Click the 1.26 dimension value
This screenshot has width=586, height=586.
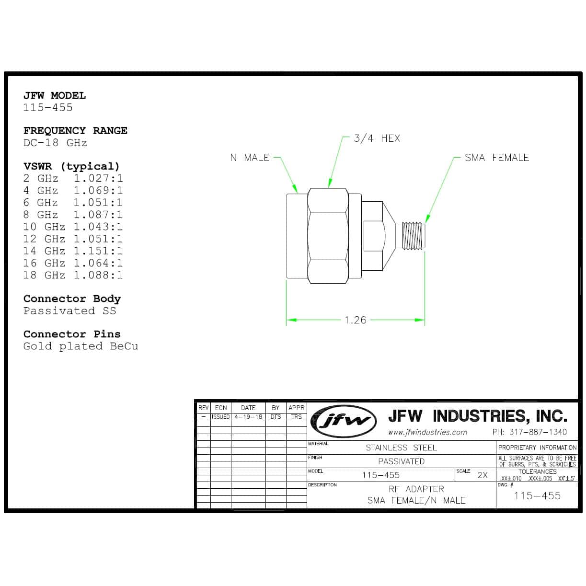[355, 320]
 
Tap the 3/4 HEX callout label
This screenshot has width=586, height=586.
[377, 138]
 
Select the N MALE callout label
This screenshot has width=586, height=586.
[249, 158]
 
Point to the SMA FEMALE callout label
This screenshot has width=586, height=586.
[497, 158]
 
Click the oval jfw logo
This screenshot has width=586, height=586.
[344, 421]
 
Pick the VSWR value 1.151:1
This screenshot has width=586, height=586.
[98, 251]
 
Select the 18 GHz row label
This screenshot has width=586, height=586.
[45, 275]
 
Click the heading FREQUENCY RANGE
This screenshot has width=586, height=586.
[75, 131]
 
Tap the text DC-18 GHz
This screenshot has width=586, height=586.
[56, 143]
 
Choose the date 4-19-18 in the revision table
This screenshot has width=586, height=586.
[248, 417]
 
